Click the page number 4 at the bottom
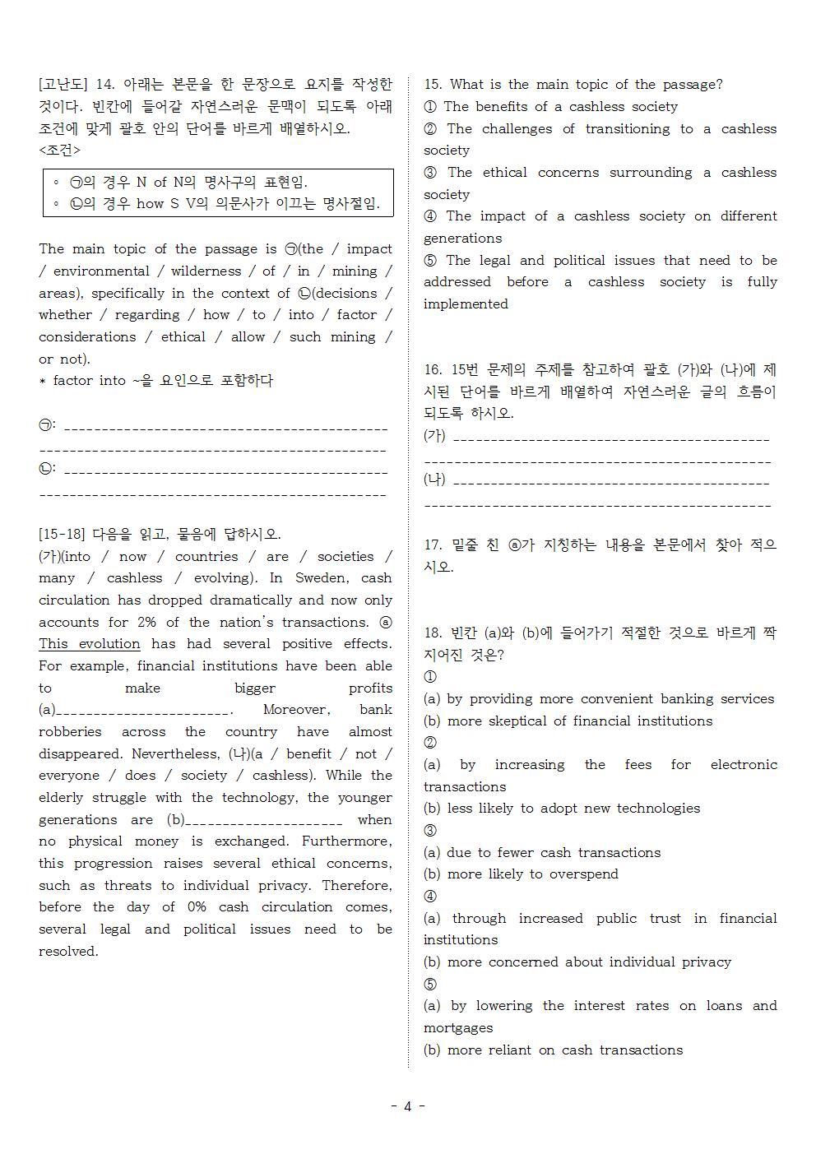pyautogui.click(x=407, y=1106)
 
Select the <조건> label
pyautogui.click(x=59, y=151)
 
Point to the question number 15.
pyautogui.click(x=433, y=85)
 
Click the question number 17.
pyautogui.click(x=433, y=545)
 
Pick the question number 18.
pyautogui.click(x=433, y=633)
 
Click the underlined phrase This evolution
pyautogui.click(x=90, y=644)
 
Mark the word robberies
pyautogui.click(x=70, y=732)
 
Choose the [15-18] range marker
pyautogui.click(x=62, y=535)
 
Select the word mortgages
pyautogui.click(x=458, y=1028)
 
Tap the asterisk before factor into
pyautogui.click(x=43, y=382)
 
